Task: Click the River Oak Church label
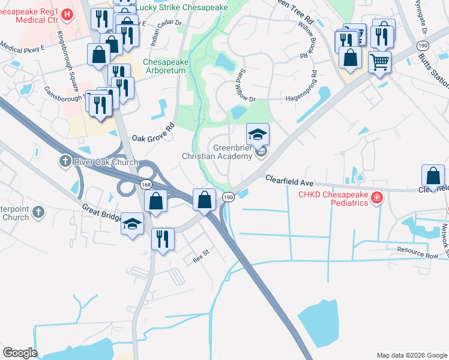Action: (x=106, y=162)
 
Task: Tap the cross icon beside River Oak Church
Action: (x=65, y=161)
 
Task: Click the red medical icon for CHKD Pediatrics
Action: (x=377, y=197)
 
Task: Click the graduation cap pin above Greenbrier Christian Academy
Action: (x=258, y=134)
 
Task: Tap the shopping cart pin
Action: (x=379, y=61)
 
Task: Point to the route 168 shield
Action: (x=146, y=185)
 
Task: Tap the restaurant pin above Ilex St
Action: (x=163, y=239)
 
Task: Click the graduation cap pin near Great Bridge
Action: (x=133, y=224)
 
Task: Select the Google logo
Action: (x=20, y=353)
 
